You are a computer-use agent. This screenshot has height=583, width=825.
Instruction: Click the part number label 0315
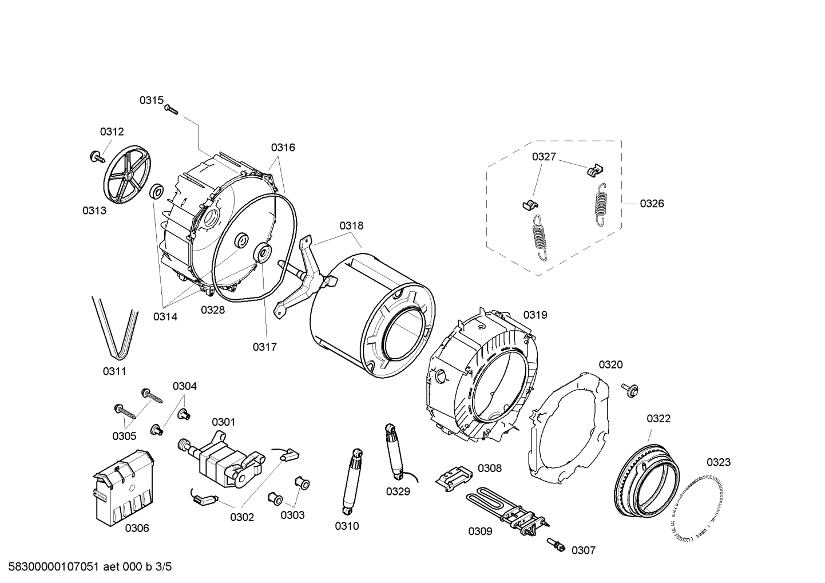pyautogui.click(x=151, y=100)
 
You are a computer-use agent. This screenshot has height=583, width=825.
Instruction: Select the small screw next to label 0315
pyautogui.click(x=171, y=109)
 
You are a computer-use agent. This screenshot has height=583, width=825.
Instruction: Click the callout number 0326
pyautogui.click(x=652, y=203)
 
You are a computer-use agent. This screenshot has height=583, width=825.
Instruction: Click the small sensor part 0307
pyautogui.click(x=556, y=545)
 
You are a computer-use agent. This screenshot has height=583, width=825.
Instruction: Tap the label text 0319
pyautogui.click(x=535, y=315)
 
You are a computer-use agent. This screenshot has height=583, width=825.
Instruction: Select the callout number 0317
pyautogui.click(x=264, y=347)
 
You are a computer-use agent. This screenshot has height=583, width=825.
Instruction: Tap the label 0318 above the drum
pyautogui.click(x=351, y=226)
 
